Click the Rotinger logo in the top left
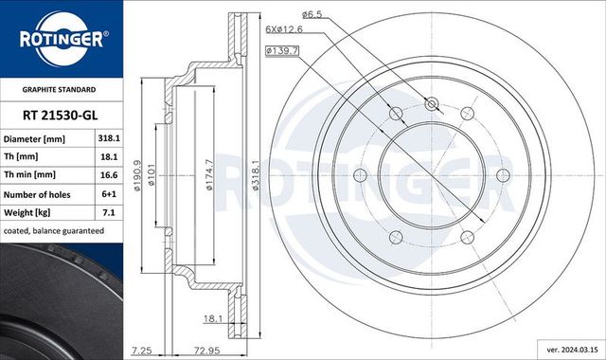[62, 40]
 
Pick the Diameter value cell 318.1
[108, 138]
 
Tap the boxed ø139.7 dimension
[282, 48]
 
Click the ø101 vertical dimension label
[151, 176]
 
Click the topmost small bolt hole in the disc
[433, 104]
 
